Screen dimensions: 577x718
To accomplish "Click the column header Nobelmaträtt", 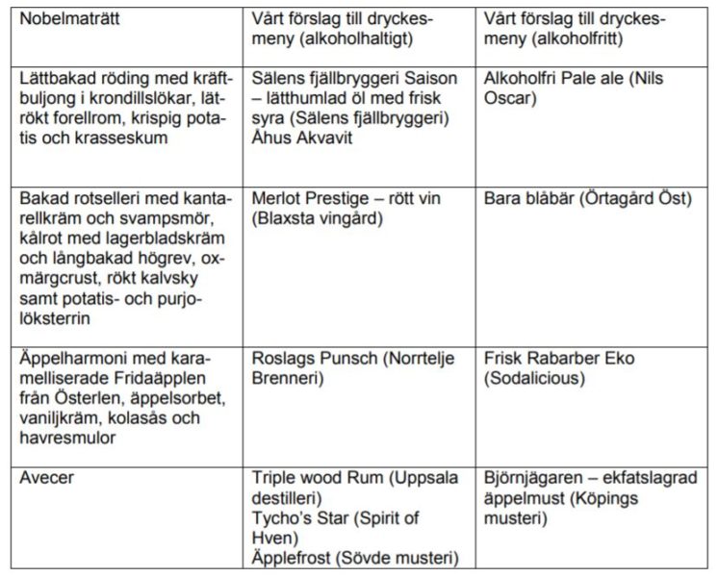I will click(x=64, y=19).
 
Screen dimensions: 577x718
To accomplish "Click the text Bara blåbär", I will click(x=533, y=199).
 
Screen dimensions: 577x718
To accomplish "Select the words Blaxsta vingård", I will click(x=315, y=219).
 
